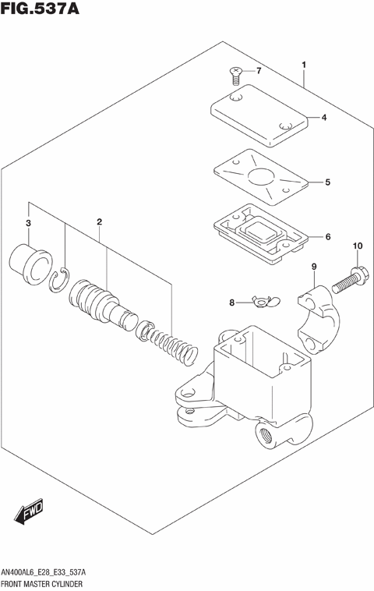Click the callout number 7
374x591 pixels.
[259, 72]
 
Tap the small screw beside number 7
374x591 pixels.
[235, 75]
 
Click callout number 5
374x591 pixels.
[327, 182]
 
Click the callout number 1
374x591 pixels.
[304, 64]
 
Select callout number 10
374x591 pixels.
[358, 247]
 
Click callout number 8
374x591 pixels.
[231, 302]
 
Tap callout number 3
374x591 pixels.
[28, 225]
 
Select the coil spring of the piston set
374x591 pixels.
[173, 345]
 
